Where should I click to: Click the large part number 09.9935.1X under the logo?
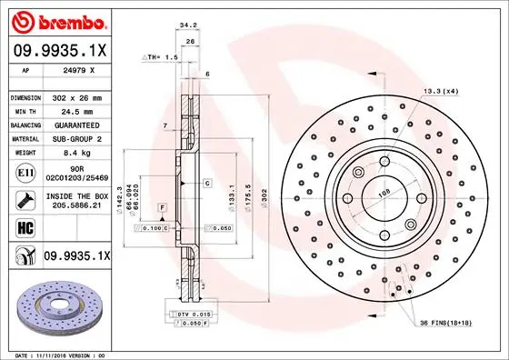tap(59, 51)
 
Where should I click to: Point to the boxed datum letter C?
tap(207, 184)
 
